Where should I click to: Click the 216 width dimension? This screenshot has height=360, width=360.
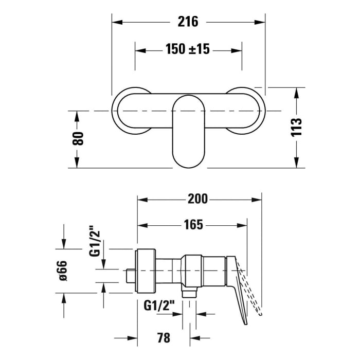(x=188, y=22)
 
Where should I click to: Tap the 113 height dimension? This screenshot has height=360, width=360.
(x=296, y=127)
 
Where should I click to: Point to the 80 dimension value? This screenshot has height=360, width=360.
(x=78, y=138)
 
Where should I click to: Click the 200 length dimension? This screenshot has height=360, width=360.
(x=198, y=199)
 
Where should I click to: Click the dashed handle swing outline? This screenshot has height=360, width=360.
(x=256, y=293)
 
